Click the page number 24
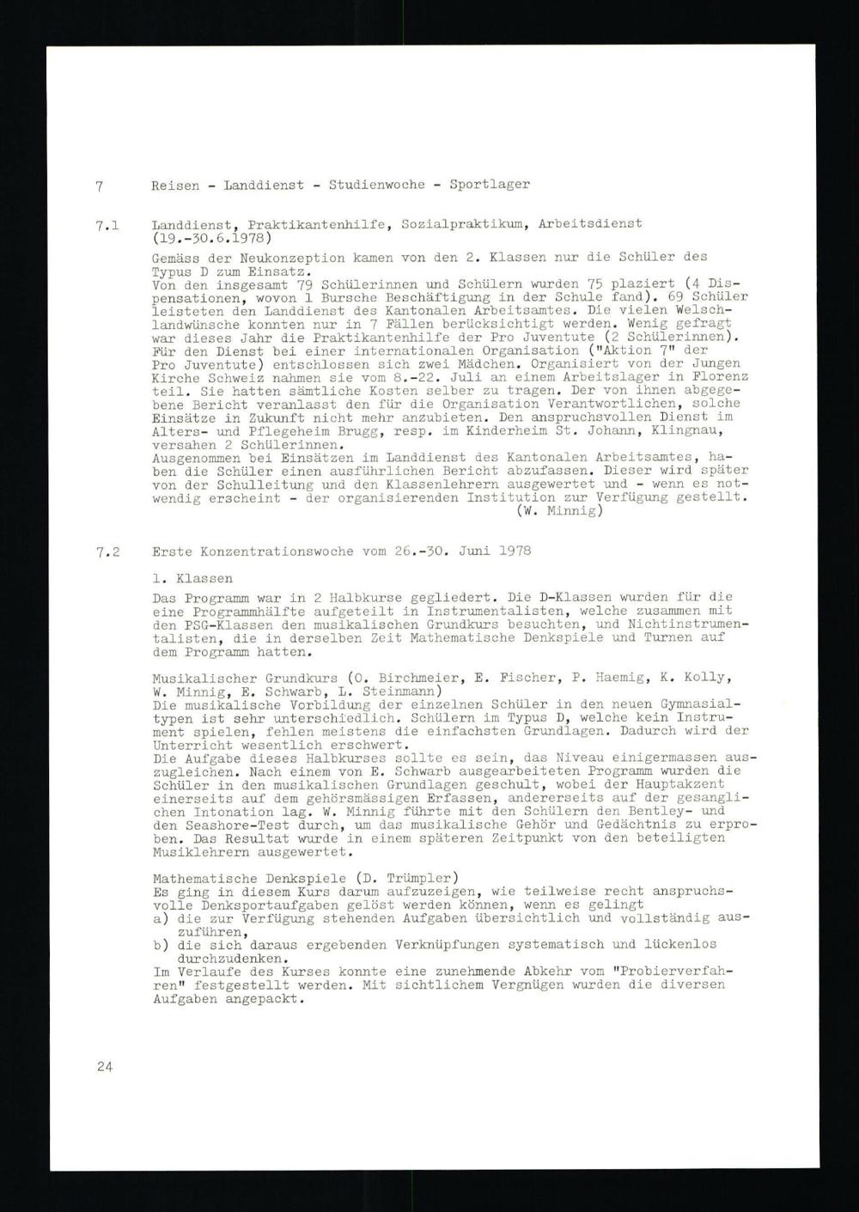[x=105, y=1067]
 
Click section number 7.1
[x=107, y=225]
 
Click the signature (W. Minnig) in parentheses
[x=561, y=510]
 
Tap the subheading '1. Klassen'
[x=192, y=579]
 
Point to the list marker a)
[x=159, y=918]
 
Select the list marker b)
[x=159, y=945]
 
